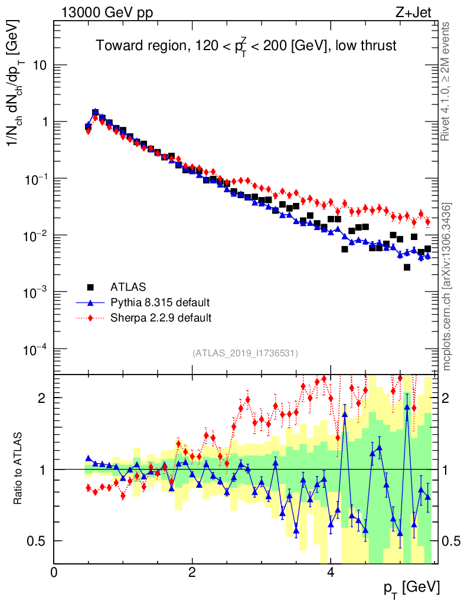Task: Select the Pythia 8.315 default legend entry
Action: pyautogui.click(x=160, y=303)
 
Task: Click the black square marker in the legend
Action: pyautogui.click(x=90, y=287)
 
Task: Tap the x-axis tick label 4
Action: pyautogui.click(x=331, y=573)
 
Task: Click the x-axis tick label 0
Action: pyautogui.click(x=54, y=573)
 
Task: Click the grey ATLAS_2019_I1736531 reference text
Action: pyautogui.click(x=245, y=353)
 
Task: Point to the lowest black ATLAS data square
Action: pyautogui.click(x=407, y=267)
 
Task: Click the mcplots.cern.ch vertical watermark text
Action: pyautogui.click(x=447, y=286)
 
